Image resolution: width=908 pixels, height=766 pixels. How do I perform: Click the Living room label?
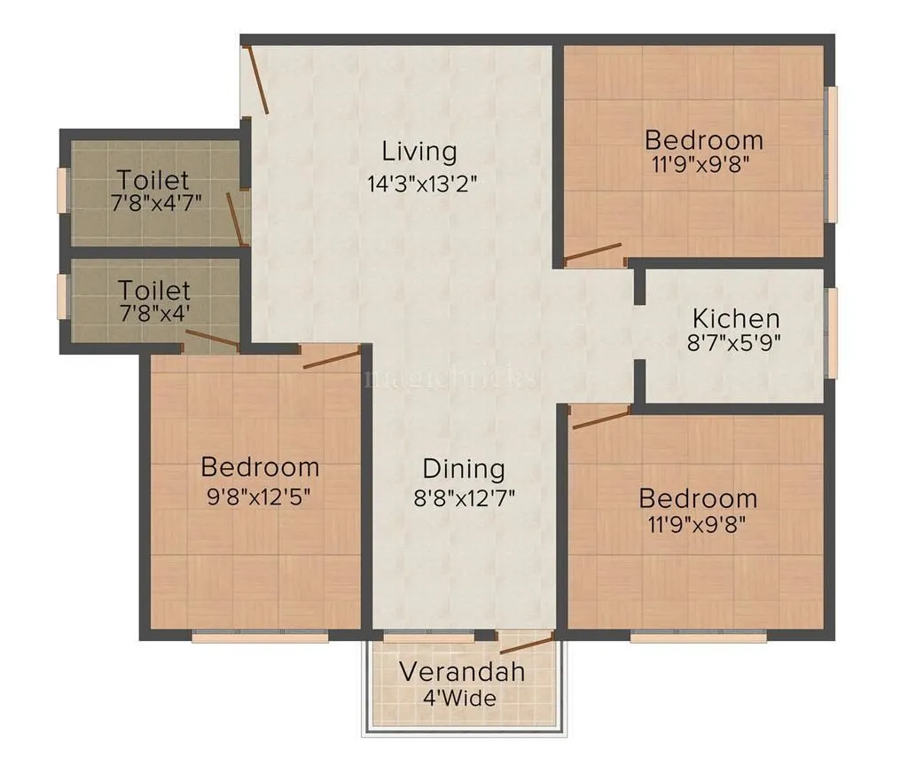pos(419,152)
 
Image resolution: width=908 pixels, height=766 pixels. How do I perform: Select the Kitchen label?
pos(736,318)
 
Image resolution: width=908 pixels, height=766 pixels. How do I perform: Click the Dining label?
pos(463,469)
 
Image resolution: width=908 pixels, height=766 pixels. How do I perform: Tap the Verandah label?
pos(461,671)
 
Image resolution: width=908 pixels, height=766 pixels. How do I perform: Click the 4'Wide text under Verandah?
pos(459,698)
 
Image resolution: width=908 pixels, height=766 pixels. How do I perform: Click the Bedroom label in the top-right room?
pos(703,140)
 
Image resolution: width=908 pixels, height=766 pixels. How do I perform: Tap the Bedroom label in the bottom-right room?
pos(698,498)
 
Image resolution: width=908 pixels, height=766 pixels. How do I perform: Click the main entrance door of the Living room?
pos(256,80)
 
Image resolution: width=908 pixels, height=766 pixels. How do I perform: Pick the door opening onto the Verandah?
pos(527,643)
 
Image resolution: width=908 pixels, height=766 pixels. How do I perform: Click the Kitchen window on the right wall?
pos(831,332)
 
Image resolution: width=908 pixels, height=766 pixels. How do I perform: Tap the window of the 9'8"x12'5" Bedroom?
pos(260,637)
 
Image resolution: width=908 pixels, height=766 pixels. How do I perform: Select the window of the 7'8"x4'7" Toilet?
pos(62,191)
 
